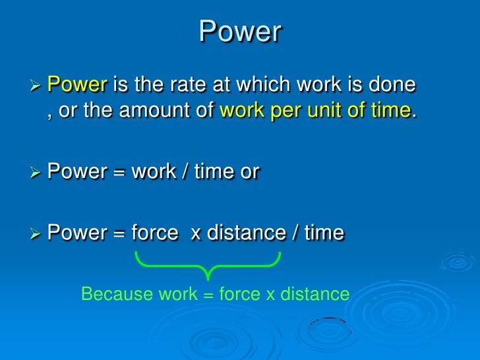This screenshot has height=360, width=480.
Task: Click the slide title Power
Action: [x=240, y=32]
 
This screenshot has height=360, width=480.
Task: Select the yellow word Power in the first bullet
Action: [x=78, y=85]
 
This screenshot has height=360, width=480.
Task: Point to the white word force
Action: [x=154, y=233]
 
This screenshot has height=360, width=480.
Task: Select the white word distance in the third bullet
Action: [x=245, y=233]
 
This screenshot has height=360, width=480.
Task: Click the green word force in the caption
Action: [x=239, y=294]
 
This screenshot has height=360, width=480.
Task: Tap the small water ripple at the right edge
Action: [x=458, y=262]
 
